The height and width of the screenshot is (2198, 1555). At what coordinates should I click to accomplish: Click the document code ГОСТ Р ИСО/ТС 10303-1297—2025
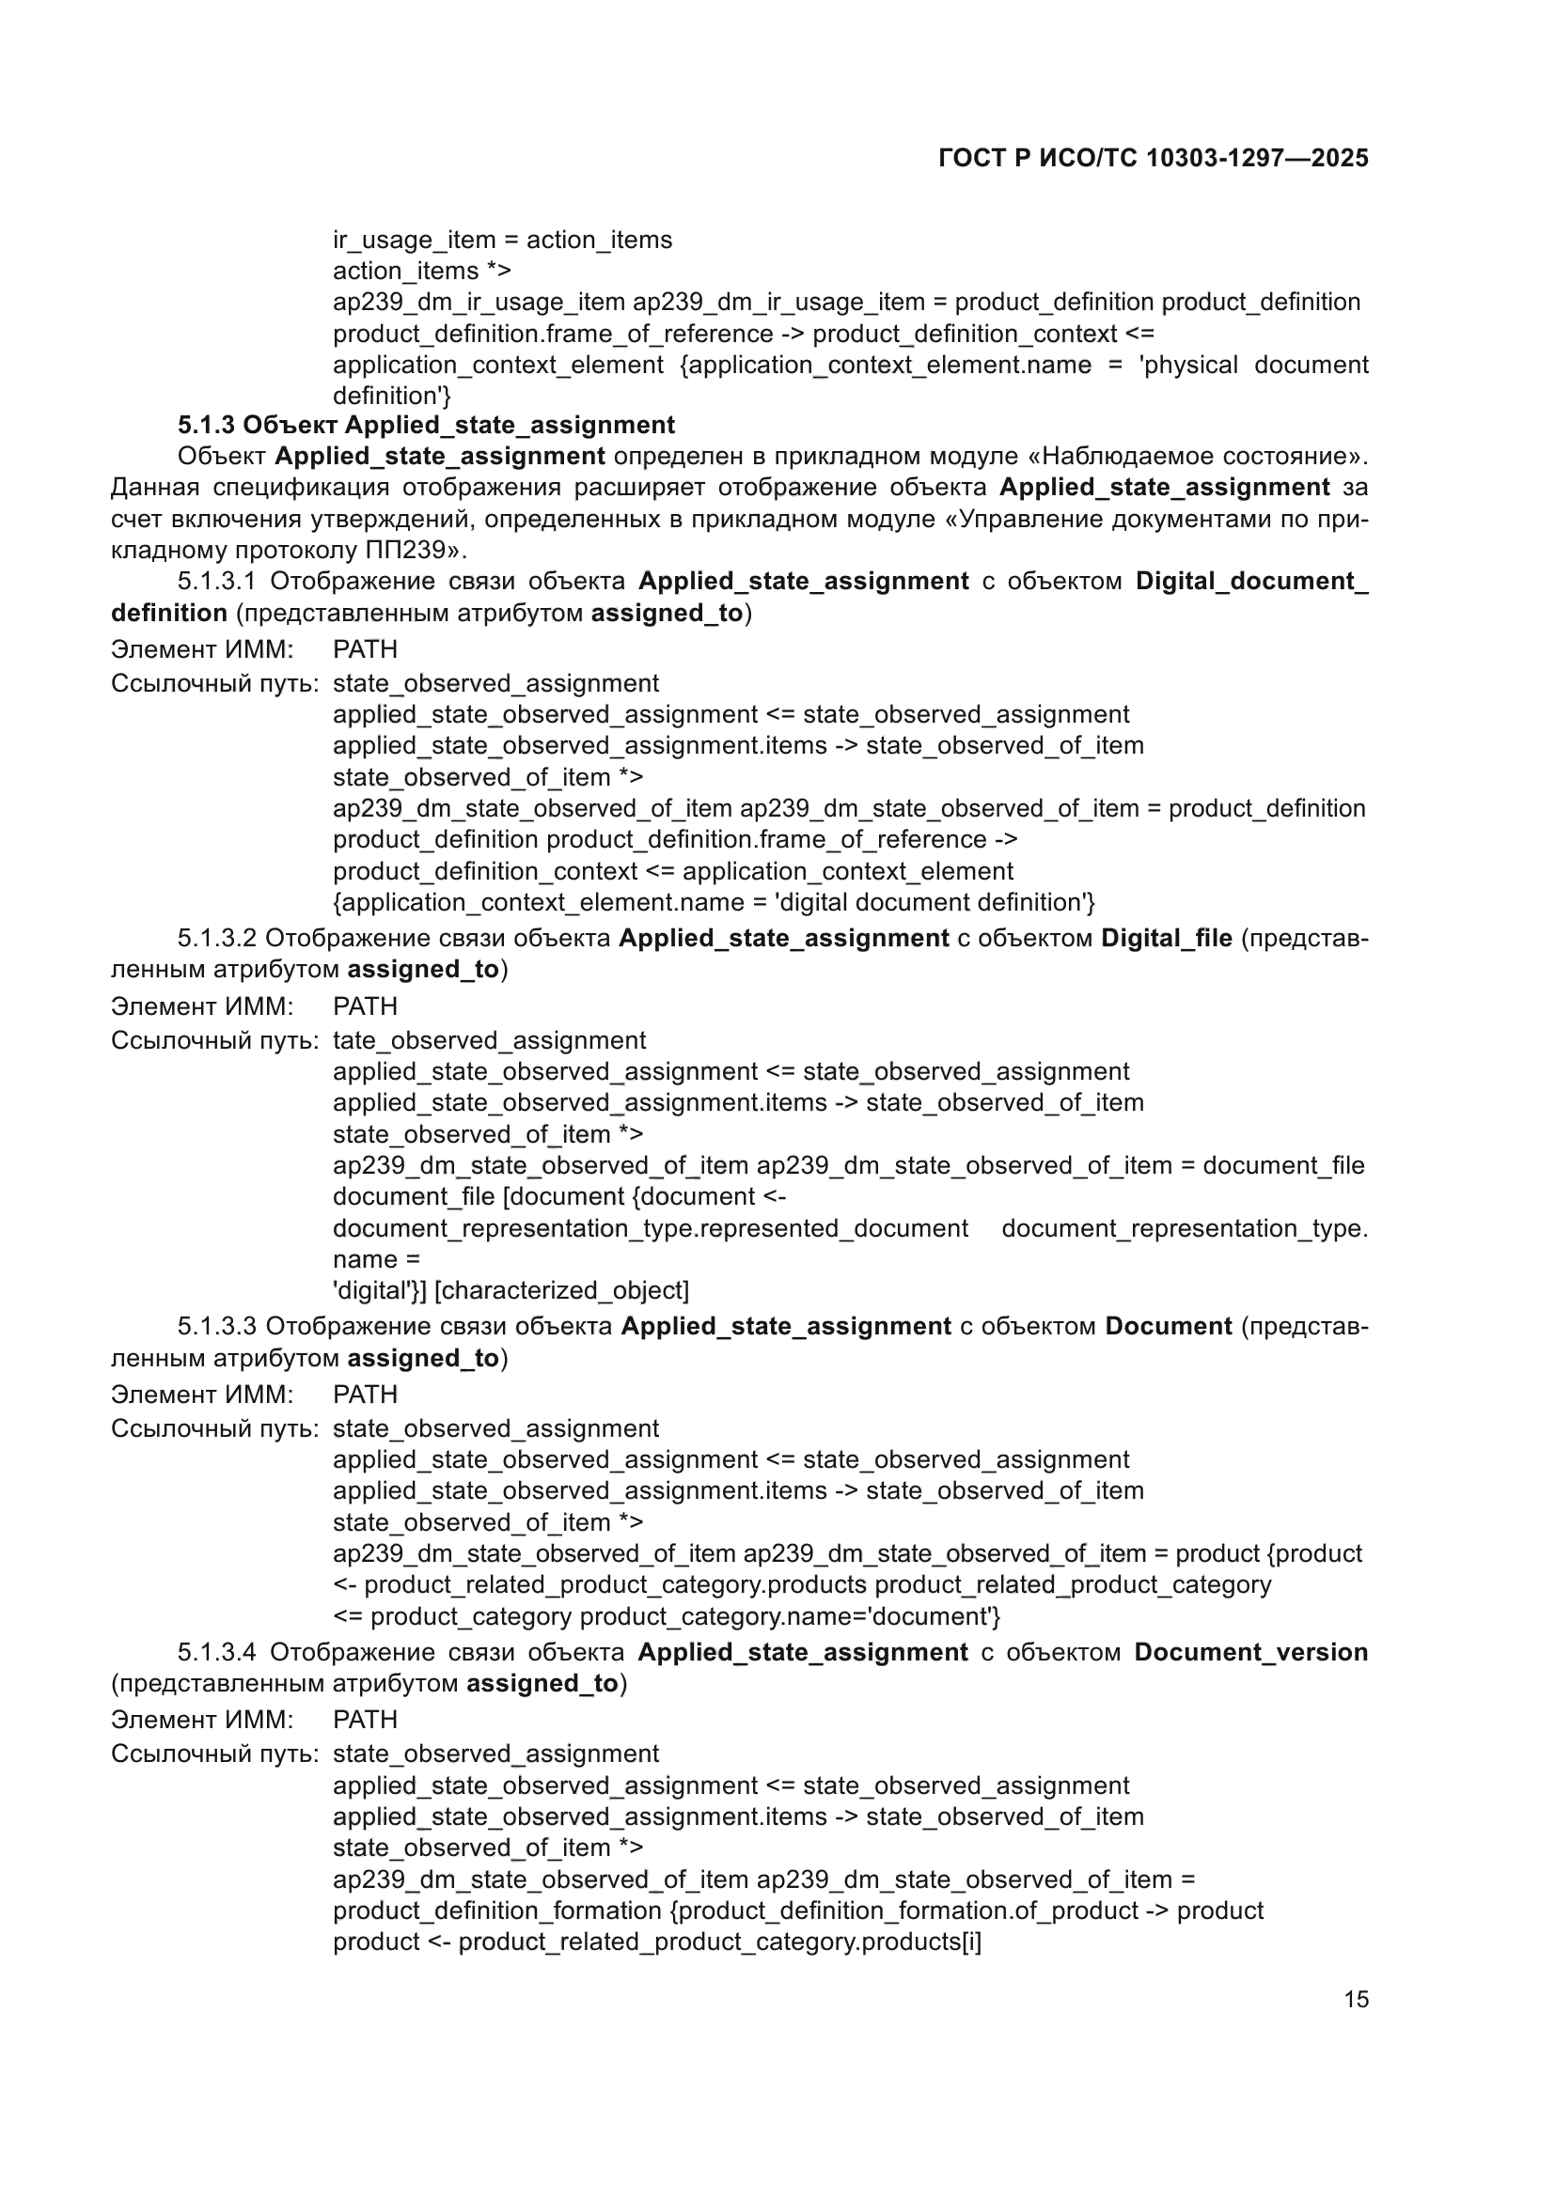point(1153,158)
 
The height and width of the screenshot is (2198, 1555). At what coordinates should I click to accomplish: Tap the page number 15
point(1356,1999)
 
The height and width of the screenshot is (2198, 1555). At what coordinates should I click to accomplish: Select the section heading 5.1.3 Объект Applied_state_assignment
point(426,425)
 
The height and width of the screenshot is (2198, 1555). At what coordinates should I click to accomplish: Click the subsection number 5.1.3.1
point(216,581)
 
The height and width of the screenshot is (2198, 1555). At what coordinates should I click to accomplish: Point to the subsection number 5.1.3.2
point(216,938)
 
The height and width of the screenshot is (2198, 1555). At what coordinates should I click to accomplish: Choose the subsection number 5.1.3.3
point(216,1326)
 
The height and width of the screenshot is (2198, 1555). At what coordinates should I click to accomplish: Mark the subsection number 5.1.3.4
point(216,1652)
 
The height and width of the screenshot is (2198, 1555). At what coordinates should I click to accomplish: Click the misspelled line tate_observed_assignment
point(489,1039)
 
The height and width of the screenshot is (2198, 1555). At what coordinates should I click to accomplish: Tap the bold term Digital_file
point(1166,938)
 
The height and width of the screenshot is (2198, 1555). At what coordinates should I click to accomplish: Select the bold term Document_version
point(1250,1652)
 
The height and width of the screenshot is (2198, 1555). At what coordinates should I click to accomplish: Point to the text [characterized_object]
point(562,1290)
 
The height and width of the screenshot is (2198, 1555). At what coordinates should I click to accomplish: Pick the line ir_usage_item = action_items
point(503,240)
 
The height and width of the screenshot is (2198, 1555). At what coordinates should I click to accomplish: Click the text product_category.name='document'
point(790,1616)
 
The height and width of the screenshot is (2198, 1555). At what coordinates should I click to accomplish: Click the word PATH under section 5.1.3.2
point(365,1006)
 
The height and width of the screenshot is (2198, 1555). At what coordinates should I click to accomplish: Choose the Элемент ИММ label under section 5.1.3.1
point(202,649)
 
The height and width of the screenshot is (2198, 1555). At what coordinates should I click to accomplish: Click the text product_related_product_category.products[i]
point(720,1941)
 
